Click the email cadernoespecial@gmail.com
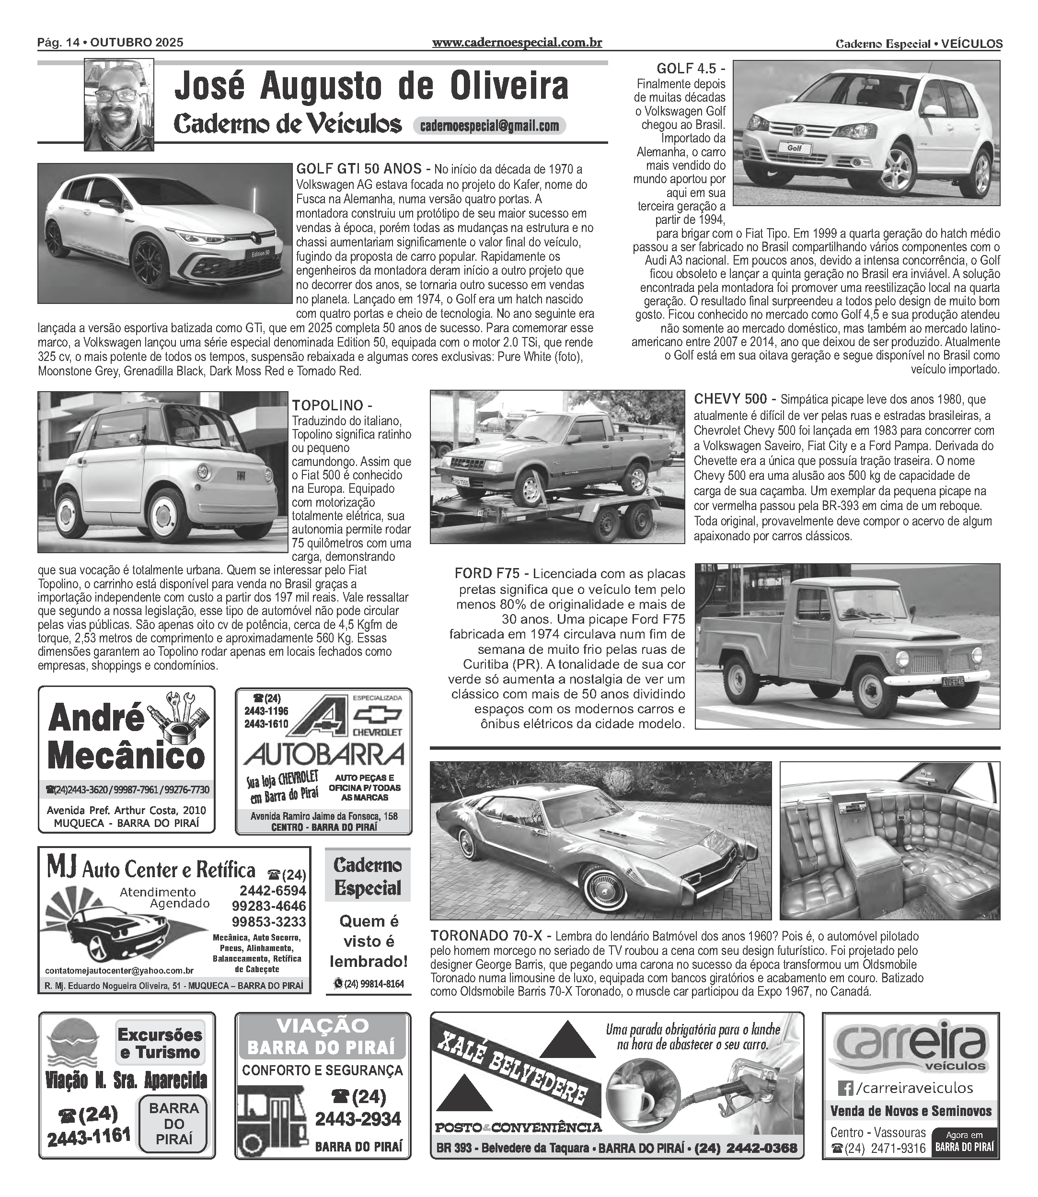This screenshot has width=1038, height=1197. click(489, 126)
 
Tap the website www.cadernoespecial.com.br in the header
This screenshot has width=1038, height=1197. click(517, 43)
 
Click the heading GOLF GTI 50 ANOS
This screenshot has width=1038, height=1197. click(358, 169)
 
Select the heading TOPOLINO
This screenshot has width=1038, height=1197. click(327, 405)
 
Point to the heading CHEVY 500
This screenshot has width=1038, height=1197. click(730, 399)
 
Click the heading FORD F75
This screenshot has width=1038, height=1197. click(488, 574)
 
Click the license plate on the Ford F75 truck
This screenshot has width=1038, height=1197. click(963, 682)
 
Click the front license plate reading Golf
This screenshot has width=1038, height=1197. click(794, 148)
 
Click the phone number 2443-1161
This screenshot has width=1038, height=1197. click(89, 1136)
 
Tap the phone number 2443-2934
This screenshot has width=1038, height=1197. click(358, 1119)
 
